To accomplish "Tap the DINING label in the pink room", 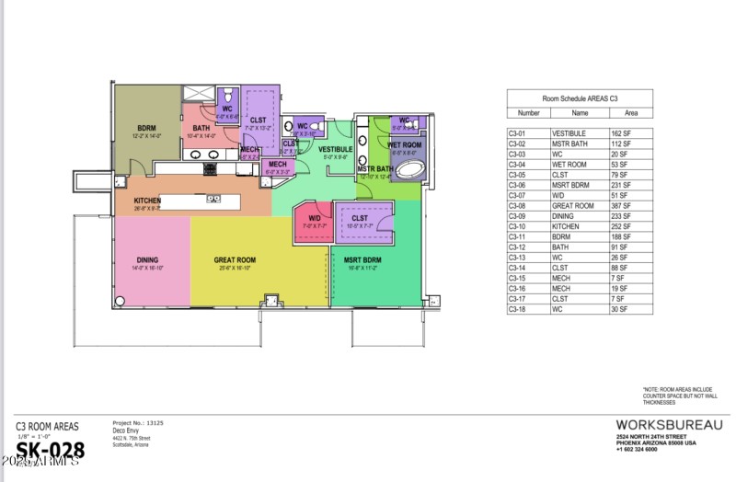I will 148,260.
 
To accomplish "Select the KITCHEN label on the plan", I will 147,201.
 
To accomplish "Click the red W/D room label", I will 313,218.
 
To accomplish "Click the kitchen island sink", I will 213,199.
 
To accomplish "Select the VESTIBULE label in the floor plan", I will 336,149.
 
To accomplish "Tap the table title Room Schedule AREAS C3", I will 580,97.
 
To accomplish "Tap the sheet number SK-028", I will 52,451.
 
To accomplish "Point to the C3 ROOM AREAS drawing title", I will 47,426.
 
